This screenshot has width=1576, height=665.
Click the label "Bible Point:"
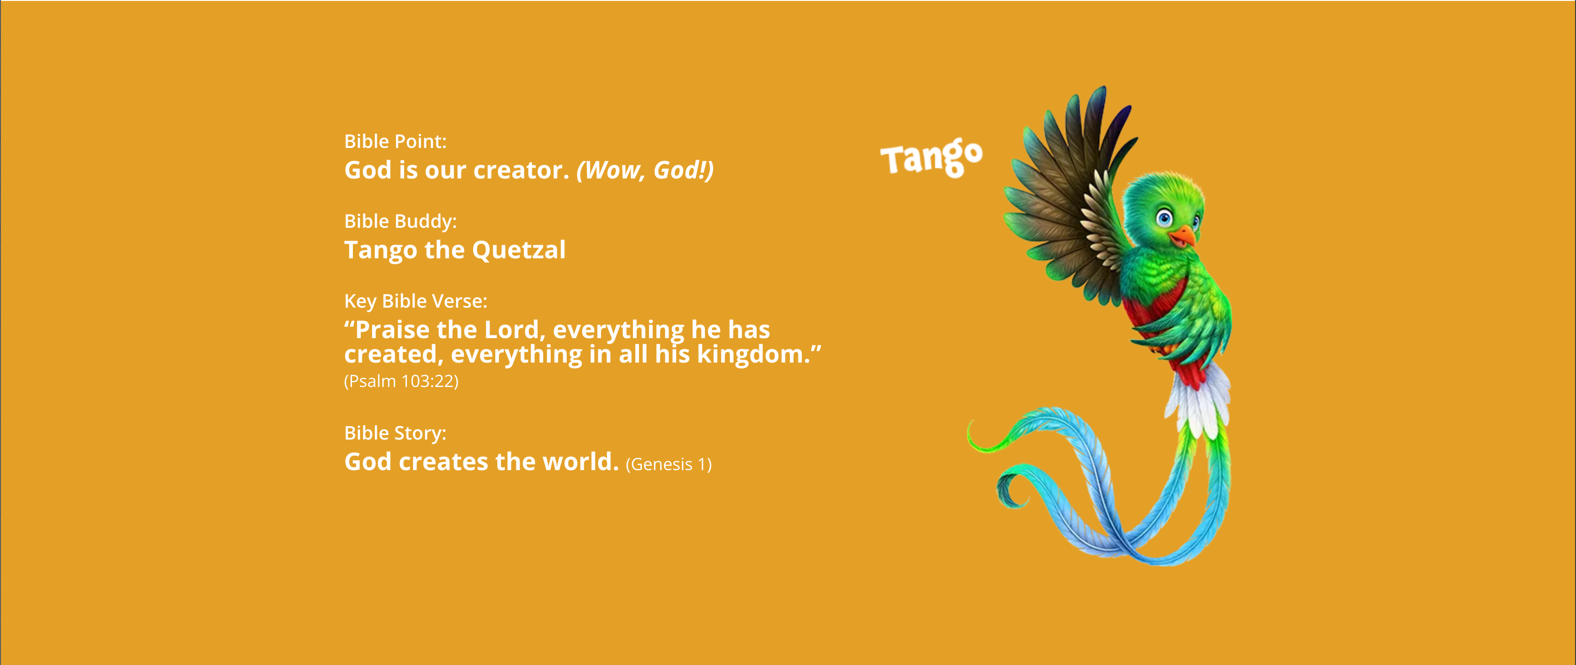click(395, 141)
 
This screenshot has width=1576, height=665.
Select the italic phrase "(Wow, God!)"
click(645, 170)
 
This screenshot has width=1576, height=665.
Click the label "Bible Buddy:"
click(400, 221)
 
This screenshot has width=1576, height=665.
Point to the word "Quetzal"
click(519, 250)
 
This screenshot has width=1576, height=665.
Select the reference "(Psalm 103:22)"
click(401, 381)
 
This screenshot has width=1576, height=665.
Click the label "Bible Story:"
click(395, 433)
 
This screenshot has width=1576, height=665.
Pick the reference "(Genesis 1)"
click(669, 464)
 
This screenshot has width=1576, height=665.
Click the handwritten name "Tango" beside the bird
click(931, 158)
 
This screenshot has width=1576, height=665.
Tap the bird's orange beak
click(1184, 236)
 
